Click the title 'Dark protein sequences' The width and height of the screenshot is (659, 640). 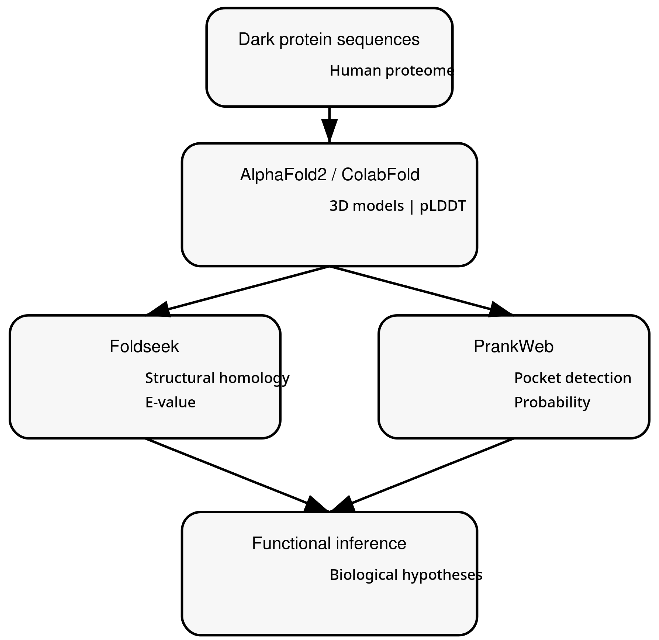pyautogui.click(x=329, y=40)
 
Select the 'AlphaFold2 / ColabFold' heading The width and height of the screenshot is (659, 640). pyautogui.click(x=329, y=175)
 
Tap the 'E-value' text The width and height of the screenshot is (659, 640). pyautogui.click(x=170, y=402)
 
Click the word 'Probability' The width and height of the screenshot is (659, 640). pyautogui.click(x=552, y=402)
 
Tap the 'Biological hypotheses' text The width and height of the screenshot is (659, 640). pyautogui.click(x=406, y=575)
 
